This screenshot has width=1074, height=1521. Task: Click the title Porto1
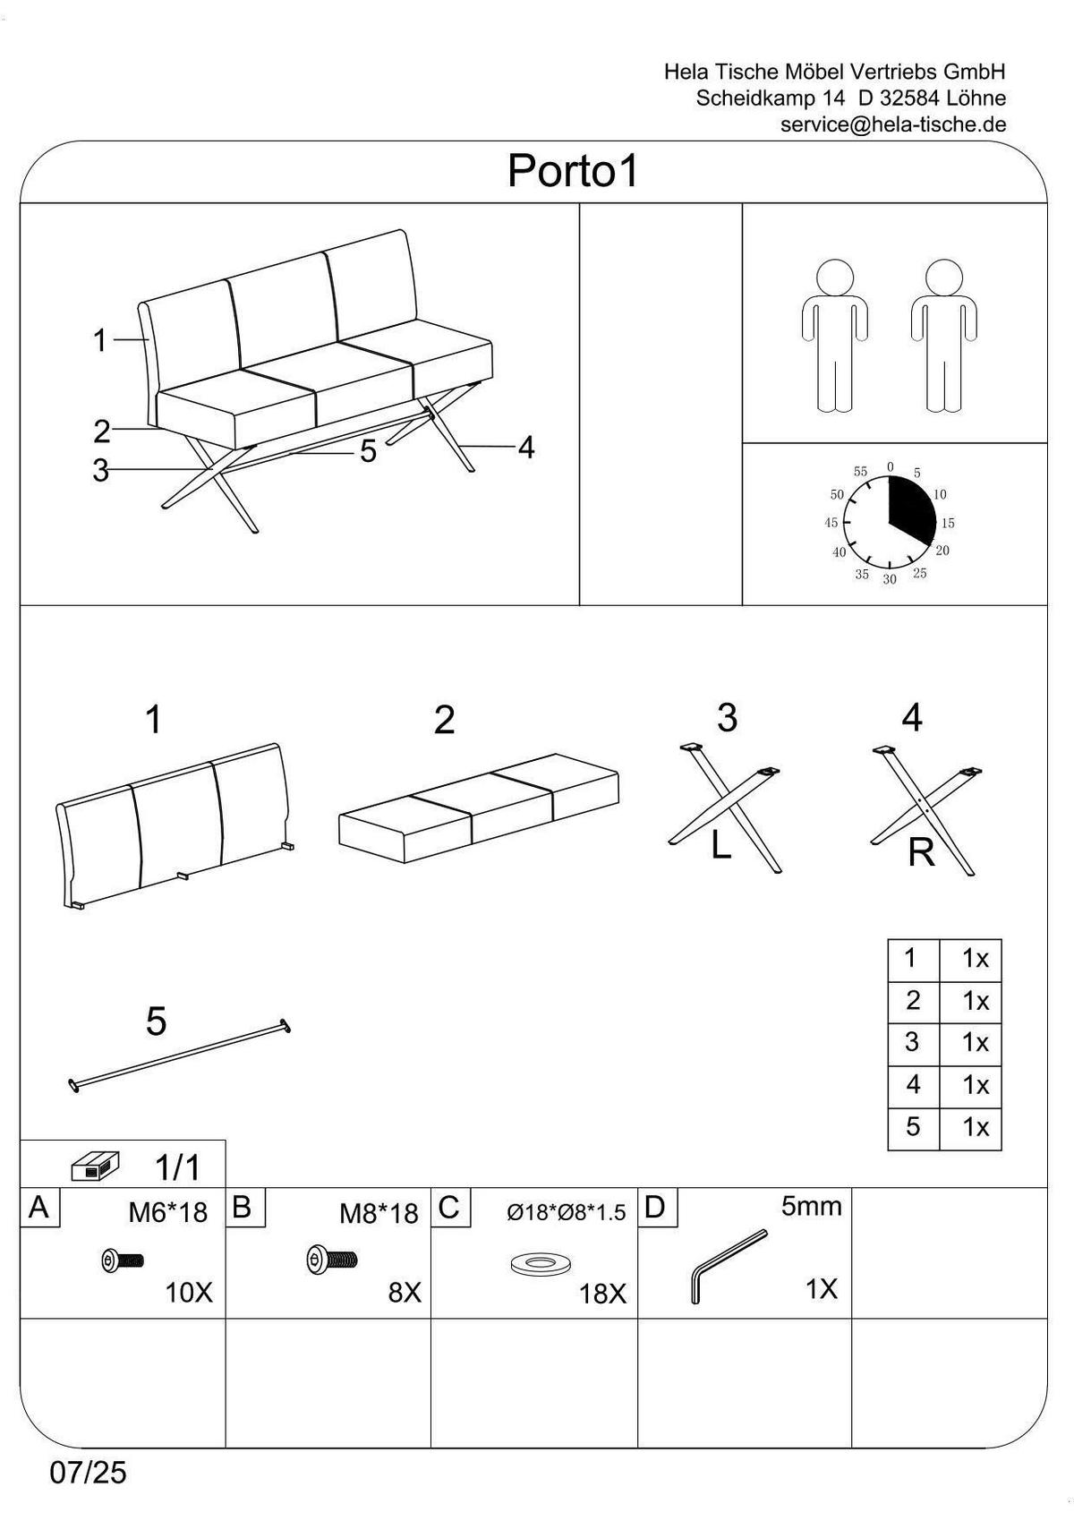[x=573, y=170]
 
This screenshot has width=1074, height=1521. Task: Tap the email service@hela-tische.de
[x=892, y=124]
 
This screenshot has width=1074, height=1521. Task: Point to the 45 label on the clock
[x=831, y=523]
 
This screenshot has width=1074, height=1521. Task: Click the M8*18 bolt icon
[x=332, y=1260]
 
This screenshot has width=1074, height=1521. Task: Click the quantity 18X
[x=602, y=1295]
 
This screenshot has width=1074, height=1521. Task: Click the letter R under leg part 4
[x=921, y=853]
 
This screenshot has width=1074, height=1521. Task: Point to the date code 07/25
[x=89, y=1473]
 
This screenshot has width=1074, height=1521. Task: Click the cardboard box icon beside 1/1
[x=95, y=1167]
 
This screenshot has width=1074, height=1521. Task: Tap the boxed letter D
[x=655, y=1208]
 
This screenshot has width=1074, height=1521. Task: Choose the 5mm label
[x=811, y=1207]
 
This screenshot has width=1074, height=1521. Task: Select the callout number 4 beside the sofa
[x=526, y=448]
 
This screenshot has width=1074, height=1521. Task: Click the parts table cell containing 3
[x=912, y=1042]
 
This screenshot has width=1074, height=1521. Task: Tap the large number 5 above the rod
[x=156, y=1021]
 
